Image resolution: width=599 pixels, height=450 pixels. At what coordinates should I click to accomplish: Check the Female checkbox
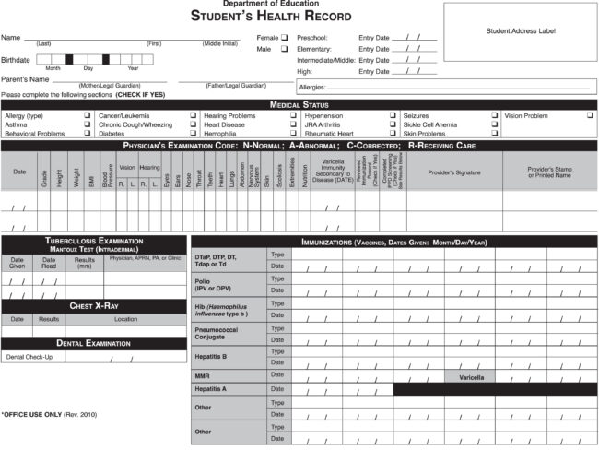[x=285, y=37]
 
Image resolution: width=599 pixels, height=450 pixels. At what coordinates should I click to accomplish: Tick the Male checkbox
[x=285, y=49]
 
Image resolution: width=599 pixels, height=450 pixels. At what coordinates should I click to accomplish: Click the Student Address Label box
[x=521, y=30]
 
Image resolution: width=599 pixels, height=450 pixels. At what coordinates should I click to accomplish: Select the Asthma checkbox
[x=87, y=124]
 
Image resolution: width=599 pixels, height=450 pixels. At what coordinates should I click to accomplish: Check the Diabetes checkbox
[x=192, y=134]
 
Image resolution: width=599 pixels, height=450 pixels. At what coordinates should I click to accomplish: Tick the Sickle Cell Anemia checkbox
[x=496, y=124]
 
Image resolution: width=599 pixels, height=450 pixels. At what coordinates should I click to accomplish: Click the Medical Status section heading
[x=299, y=104]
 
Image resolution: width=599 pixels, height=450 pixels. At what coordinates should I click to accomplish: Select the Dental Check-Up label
[x=29, y=357]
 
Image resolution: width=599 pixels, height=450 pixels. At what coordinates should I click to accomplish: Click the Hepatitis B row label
[x=211, y=355]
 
